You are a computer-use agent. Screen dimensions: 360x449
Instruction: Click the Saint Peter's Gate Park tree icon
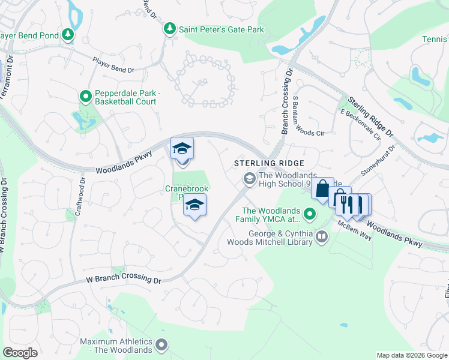pyautogui.click(x=170, y=28)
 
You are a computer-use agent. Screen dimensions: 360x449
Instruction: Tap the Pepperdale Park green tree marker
pyautogui.click(x=86, y=95)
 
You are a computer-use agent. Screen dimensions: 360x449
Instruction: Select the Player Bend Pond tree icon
pyautogui.click(x=69, y=35)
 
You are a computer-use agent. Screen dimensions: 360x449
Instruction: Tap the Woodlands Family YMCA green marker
pyautogui.click(x=310, y=213)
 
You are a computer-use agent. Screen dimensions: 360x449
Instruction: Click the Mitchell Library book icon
pyautogui.click(x=322, y=237)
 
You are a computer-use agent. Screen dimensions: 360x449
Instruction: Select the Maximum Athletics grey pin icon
pyautogui.click(x=161, y=344)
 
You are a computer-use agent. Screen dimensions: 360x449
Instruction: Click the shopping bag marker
pyautogui.click(x=322, y=188)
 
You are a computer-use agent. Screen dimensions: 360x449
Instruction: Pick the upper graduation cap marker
pyautogui.click(x=182, y=148)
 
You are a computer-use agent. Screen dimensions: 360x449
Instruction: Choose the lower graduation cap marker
pyautogui.click(x=194, y=205)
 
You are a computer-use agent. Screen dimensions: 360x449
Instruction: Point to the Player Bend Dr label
pyautogui.click(x=113, y=65)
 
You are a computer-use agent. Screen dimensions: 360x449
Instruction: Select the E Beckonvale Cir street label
pyautogui.click(x=361, y=125)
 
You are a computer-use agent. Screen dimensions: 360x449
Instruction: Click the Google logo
pyautogui.click(x=20, y=353)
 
